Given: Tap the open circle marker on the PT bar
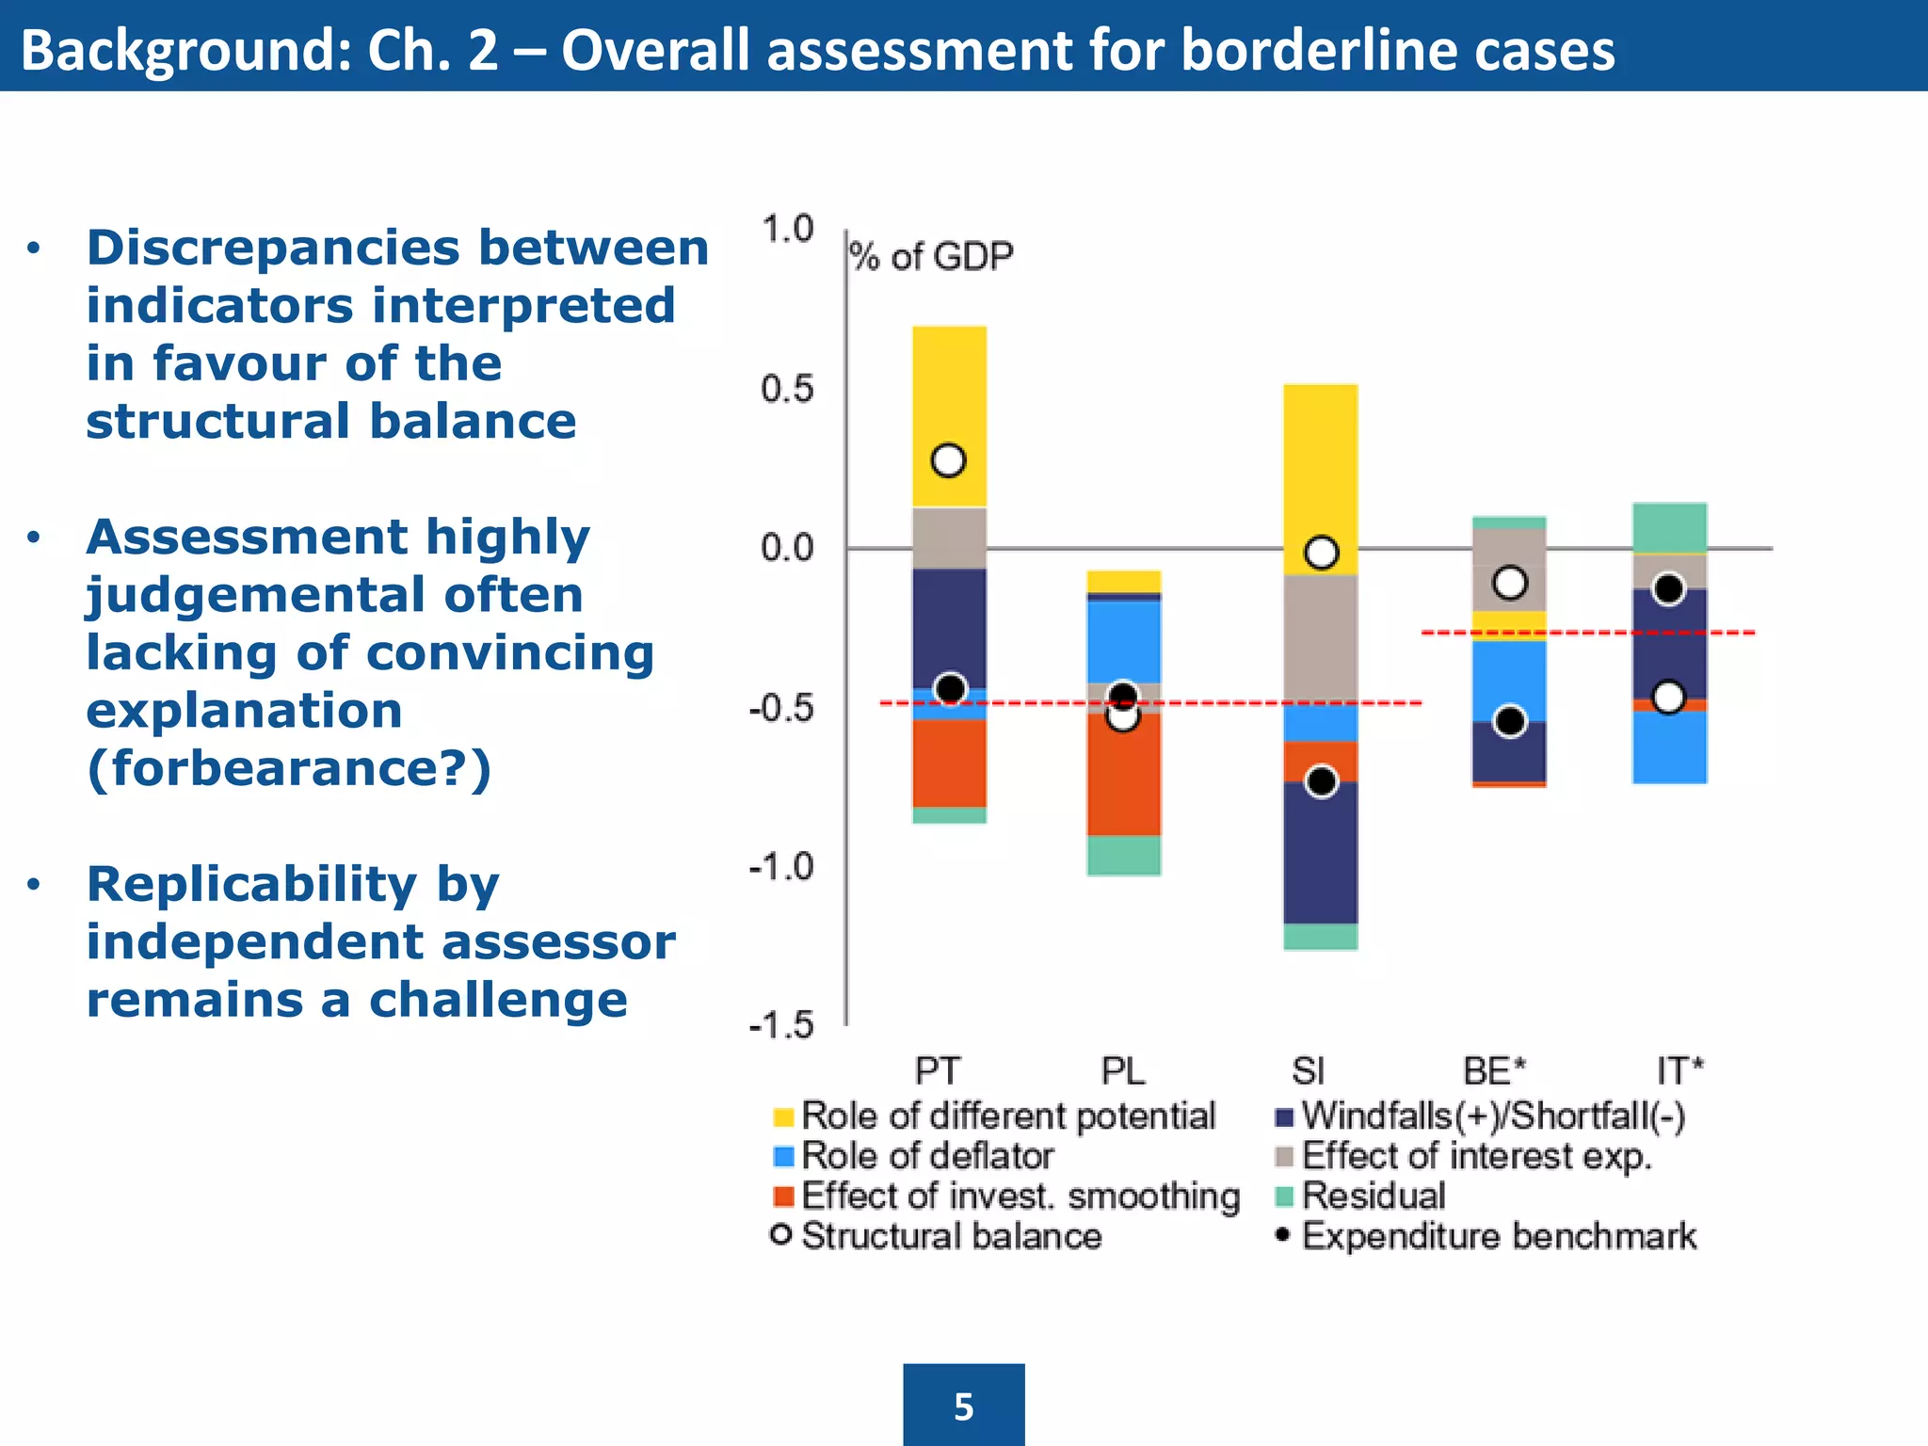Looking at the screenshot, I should (x=948, y=460).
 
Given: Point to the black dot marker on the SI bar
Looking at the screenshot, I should (x=1322, y=781).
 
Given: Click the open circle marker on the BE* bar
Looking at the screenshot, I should (x=1510, y=583).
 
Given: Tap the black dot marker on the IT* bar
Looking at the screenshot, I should (x=1669, y=589).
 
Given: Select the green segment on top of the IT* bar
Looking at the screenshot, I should (x=1669, y=527).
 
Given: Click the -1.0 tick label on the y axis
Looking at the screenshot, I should (x=780, y=866).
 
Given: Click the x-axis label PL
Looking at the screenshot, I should (x=1123, y=1071).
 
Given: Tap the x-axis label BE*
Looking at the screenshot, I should (x=1494, y=1071).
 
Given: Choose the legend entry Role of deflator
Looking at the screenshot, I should (x=926, y=1156).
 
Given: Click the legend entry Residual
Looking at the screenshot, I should (x=1373, y=1196).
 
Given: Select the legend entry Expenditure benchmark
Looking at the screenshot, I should (x=1498, y=1236).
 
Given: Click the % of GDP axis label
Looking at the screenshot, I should (x=931, y=256).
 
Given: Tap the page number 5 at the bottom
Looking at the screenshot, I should (x=963, y=1406).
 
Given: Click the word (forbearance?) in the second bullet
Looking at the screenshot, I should (x=289, y=768).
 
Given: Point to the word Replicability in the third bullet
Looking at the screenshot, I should (x=251, y=884).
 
